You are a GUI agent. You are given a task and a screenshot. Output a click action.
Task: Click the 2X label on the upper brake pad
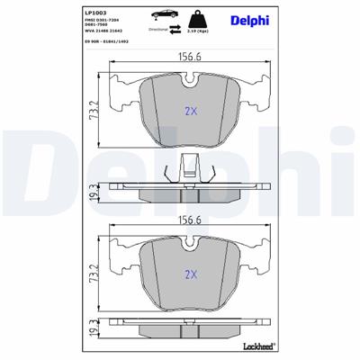190,112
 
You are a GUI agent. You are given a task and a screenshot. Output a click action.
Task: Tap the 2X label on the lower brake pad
190,274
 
